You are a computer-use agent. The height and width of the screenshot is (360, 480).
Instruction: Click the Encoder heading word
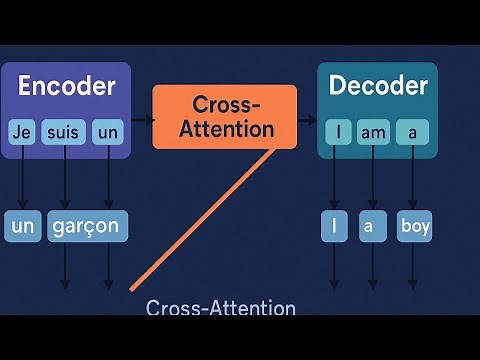pos(66,86)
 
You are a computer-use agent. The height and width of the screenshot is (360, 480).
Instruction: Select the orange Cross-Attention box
pos(224,117)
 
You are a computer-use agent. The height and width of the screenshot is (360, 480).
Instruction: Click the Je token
pos(22,133)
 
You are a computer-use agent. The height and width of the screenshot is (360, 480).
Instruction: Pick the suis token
pos(65,133)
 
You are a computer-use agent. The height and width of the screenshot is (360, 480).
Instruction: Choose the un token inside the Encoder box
pos(107,133)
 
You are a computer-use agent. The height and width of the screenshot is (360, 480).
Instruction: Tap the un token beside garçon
pos(22,226)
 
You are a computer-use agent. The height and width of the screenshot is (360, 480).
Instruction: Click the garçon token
pos(87,226)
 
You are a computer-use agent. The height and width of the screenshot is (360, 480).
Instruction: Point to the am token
pos(373,133)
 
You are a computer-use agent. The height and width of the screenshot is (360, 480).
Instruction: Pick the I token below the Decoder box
pos(333,226)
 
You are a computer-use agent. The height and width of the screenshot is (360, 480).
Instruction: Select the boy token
pos(414,226)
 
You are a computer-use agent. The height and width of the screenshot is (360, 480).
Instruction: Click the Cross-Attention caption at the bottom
pos(221,307)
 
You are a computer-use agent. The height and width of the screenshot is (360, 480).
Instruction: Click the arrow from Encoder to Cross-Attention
pos(142,120)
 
